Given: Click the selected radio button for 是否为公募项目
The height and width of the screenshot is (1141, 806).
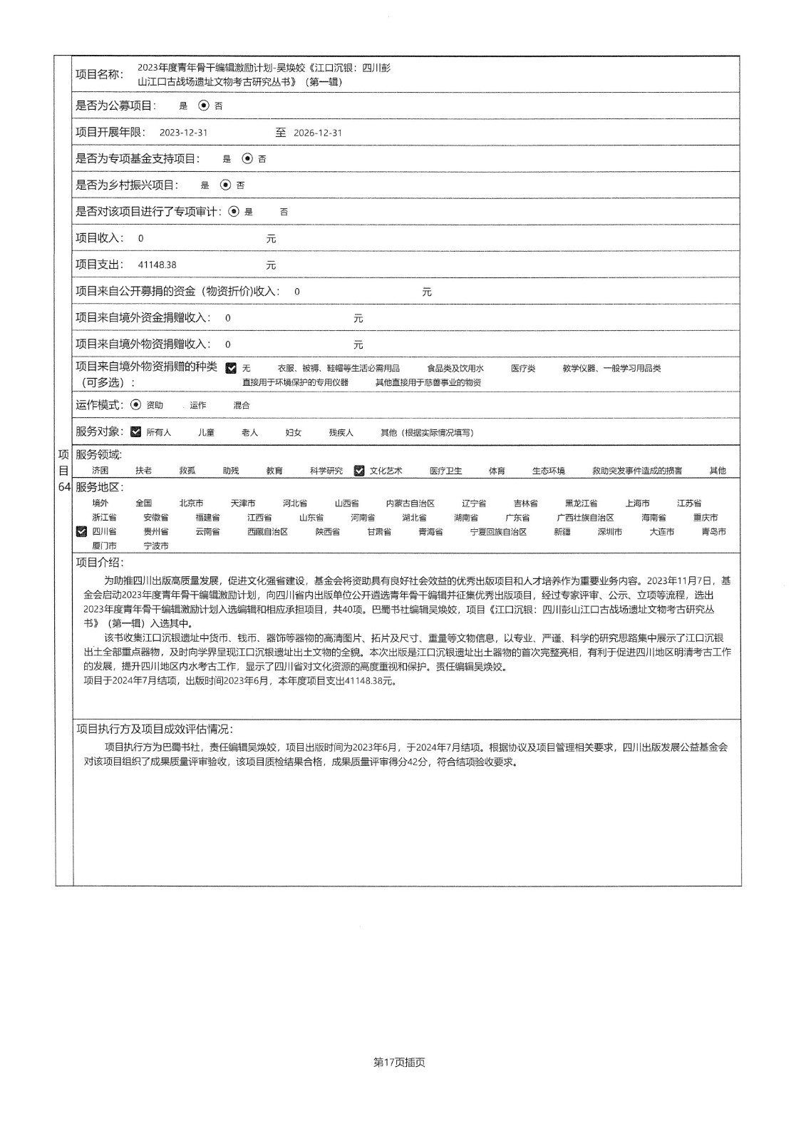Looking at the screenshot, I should pos(204,106).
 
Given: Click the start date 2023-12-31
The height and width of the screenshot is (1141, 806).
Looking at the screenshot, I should pos(183,133).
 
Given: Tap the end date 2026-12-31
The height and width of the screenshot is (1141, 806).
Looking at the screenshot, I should pos(318,133).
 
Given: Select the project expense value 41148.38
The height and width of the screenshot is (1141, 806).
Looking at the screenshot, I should pos(157,265).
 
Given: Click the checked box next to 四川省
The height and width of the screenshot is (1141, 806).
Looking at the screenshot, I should pos(81,531).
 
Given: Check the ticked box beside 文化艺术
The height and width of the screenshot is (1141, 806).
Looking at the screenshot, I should pos(359,471).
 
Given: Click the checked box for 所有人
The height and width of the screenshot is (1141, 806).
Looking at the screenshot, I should pos(136,431).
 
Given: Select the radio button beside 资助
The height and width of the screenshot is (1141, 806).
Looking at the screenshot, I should pos(136,405).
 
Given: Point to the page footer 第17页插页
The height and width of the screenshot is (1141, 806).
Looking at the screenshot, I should pos(399,1062).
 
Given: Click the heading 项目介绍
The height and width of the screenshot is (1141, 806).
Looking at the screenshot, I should pos(100,563).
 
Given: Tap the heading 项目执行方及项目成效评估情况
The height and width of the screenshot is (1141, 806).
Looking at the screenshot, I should pos(154,729).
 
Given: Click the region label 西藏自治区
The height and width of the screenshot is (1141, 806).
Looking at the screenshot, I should pos(267,532).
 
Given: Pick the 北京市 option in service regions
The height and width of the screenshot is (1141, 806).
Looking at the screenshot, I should pos(191,503).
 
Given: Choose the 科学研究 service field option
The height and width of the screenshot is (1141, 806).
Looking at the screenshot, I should pos(326,471).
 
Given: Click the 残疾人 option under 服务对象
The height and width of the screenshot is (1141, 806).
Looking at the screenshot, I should pos(341,433).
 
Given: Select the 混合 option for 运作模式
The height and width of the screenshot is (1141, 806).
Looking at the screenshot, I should pos(242,406).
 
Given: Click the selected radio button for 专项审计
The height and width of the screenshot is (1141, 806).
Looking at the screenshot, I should pos(234,212).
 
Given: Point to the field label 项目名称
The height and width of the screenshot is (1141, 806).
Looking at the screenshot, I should pos(99,74).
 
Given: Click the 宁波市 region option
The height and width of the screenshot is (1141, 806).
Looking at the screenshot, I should pos(156,546).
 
